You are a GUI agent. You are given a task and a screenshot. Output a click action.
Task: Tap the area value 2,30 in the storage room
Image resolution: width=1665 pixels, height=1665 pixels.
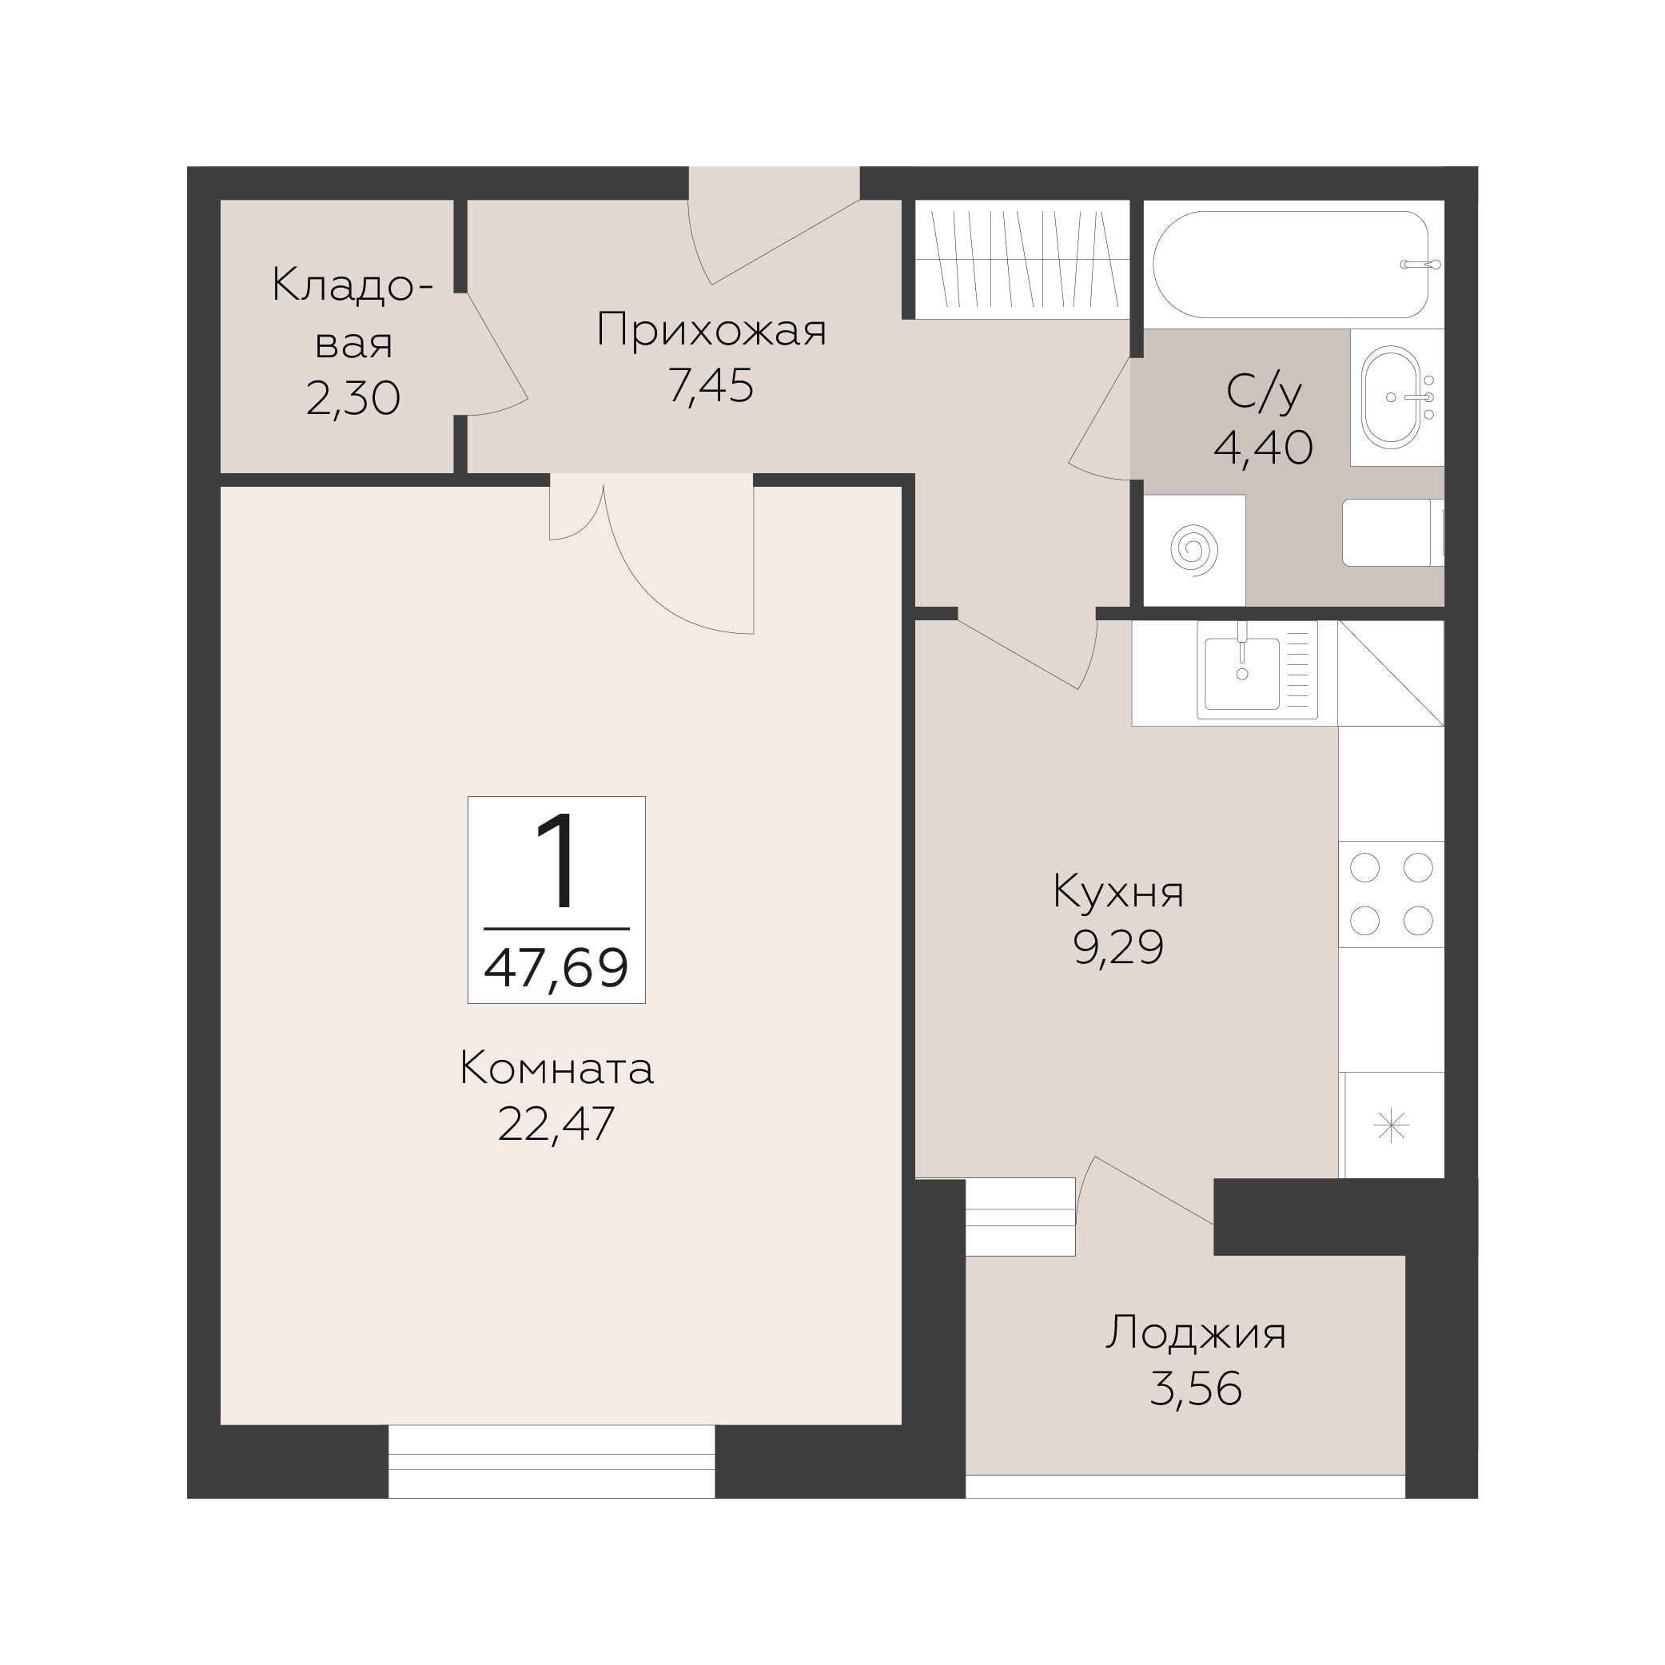pos(353,399)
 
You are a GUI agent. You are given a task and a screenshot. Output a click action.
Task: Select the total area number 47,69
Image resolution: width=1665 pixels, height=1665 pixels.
pos(556,968)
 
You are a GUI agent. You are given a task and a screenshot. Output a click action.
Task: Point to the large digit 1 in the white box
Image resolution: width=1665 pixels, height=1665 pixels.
pos(556,862)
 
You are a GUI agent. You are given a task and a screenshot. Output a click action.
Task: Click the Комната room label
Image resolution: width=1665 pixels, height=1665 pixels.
pos(556,1070)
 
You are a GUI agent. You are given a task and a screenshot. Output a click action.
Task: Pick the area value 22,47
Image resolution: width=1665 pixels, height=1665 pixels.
pos(556,1124)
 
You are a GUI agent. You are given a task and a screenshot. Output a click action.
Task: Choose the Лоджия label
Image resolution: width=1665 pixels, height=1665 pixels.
pos(1196,1334)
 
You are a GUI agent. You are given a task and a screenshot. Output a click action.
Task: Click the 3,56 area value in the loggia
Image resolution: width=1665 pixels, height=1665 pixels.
pos(1196,1389)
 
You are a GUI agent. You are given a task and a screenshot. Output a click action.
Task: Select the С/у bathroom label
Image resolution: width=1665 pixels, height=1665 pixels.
pos(1264,393)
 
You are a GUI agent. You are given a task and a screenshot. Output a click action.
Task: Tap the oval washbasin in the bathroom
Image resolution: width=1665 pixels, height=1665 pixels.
pos(1391,397)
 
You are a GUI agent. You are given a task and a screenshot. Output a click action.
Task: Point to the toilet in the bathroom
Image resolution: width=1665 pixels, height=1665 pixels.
pos(1392,532)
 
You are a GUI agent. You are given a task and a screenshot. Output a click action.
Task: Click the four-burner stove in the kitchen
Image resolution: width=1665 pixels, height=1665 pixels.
pos(1391,894)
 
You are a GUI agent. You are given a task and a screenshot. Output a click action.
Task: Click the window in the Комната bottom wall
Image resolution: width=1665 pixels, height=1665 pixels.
pos(552,1460)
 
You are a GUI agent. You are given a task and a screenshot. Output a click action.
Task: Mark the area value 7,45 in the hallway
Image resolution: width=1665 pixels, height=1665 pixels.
pos(711,386)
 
